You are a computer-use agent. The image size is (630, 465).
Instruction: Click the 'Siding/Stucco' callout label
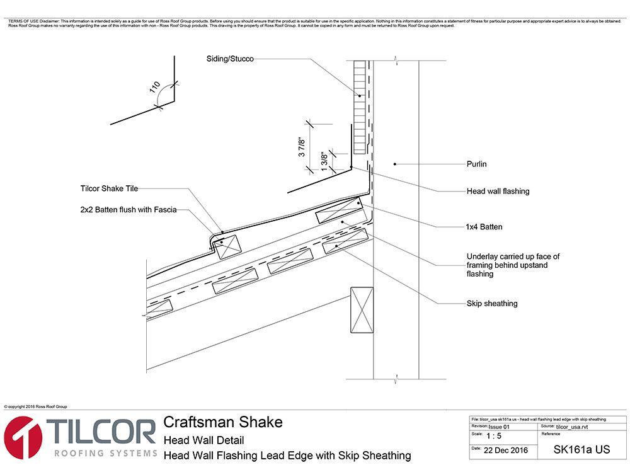click(230, 59)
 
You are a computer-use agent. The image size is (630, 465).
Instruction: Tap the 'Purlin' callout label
click(476, 164)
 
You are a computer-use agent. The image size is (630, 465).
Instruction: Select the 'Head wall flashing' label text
click(498, 191)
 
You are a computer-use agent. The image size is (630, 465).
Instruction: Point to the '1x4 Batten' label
click(484, 226)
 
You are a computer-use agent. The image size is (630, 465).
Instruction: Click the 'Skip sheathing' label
click(491, 303)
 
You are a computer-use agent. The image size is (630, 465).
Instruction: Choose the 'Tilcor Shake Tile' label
click(109, 188)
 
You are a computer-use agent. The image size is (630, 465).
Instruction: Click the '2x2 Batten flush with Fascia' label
click(129, 210)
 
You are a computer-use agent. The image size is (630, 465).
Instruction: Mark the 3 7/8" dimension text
click(302, 146)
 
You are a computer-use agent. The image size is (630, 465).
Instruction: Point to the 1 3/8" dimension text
click(324, 160)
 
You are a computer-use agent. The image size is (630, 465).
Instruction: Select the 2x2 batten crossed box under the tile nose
click(227, 246)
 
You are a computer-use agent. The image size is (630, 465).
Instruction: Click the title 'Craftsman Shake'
click(223, 422)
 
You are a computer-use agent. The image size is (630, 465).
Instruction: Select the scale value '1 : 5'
click(495, 436)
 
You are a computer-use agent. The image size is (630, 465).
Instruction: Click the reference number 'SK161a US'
click(581, 450)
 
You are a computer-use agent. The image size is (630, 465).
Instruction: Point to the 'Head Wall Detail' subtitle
click(203, 440)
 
